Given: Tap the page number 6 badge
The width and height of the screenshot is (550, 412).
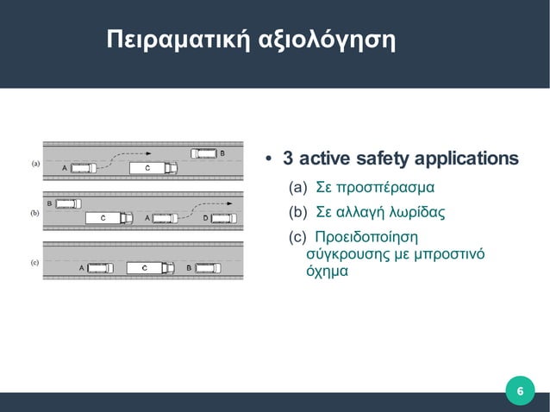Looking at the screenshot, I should (x=519, y=392).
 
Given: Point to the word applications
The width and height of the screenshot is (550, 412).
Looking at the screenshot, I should (x=466, y=160).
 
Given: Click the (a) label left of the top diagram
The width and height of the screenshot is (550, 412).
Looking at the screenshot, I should (x=35, y=162).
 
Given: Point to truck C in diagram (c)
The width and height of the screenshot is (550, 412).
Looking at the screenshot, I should (x=149, y=268).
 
